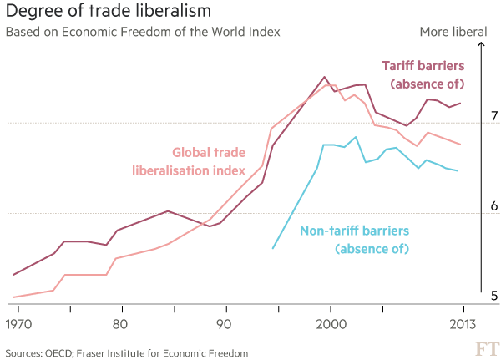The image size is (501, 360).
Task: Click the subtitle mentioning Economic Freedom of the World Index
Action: (143, 33)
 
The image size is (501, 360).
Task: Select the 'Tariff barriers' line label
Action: (423, 65)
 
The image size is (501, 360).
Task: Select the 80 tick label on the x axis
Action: (119, 324)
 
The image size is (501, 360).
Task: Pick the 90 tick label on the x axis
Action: (222, 324)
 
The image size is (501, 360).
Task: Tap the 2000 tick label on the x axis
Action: (331, 324)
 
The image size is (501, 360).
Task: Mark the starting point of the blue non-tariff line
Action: (273, 248)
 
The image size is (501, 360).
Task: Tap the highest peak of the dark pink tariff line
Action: (325, 78)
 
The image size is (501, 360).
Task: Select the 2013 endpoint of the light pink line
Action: (460, 144)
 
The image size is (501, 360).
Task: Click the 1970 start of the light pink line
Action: (13, 297)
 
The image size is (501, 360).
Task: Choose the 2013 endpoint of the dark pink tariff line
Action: (460, 103)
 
